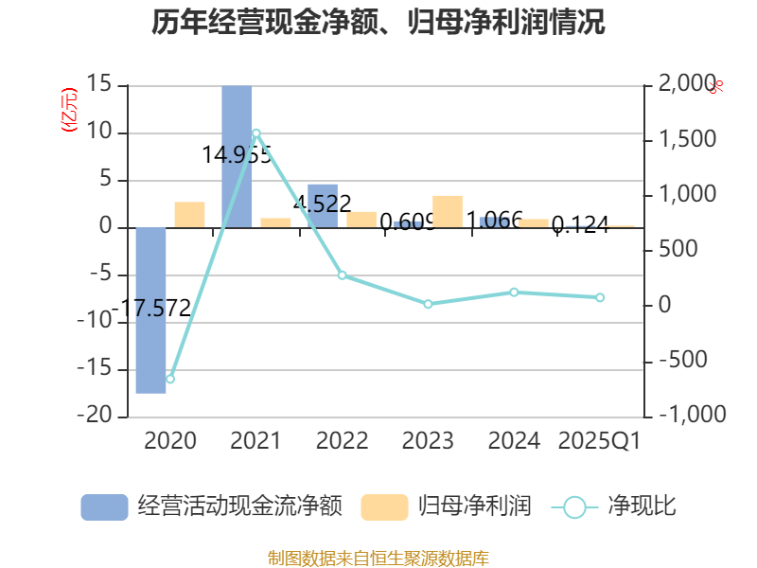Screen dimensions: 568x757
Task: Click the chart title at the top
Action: [378, 23]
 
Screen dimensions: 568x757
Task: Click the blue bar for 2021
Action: [237, 156]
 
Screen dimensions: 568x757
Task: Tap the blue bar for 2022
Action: [323, 205]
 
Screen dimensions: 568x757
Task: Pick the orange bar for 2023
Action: [448, 211]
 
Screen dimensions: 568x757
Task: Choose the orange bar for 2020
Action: [189, 215]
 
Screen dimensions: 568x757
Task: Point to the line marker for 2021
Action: [256, 133]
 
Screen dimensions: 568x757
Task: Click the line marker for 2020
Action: [170, 379]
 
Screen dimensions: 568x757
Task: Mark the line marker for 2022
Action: [343, 275]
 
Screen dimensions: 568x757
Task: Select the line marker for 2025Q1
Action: [600, 297]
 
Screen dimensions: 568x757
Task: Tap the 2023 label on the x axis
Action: [428, 441]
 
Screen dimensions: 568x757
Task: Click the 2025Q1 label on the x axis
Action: [600, 441]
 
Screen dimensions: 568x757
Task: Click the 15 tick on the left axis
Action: [99, 85]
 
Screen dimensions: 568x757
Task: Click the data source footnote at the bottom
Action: [378, 558]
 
